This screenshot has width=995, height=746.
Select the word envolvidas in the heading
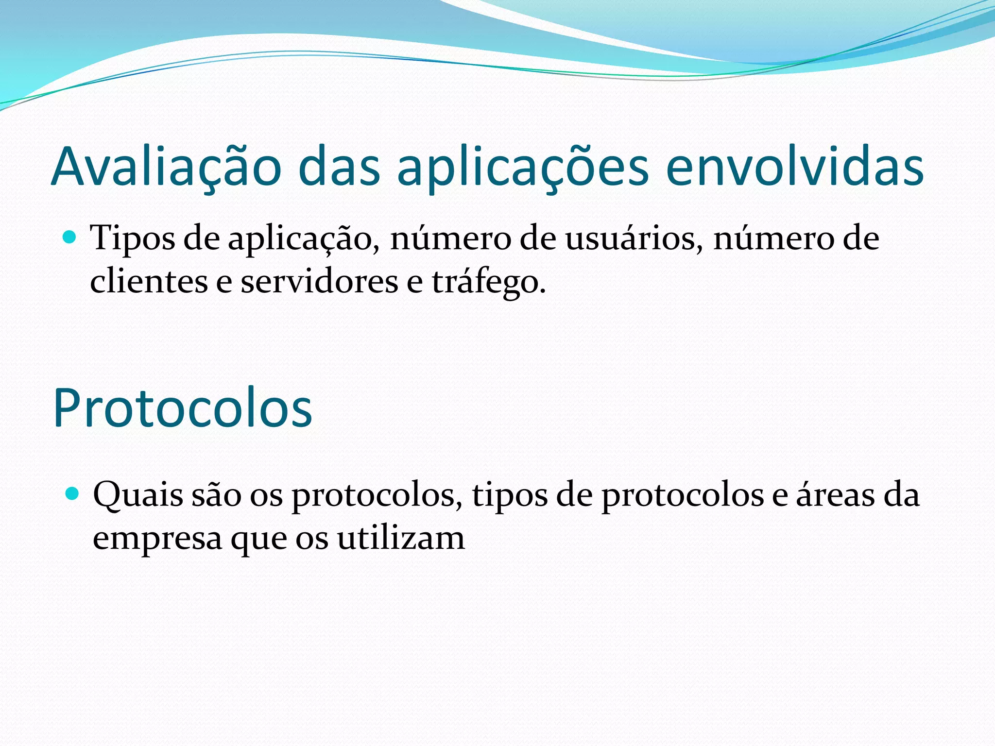click(x=795, y=167)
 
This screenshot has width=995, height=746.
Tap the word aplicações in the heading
click(x=523, y=167)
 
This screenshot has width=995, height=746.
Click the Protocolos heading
click(x=182, y=408)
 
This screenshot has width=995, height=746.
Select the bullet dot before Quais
click(x=72, y=494)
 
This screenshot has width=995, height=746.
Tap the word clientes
click(x=149, y=282)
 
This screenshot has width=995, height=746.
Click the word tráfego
click(x=488, y=282)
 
